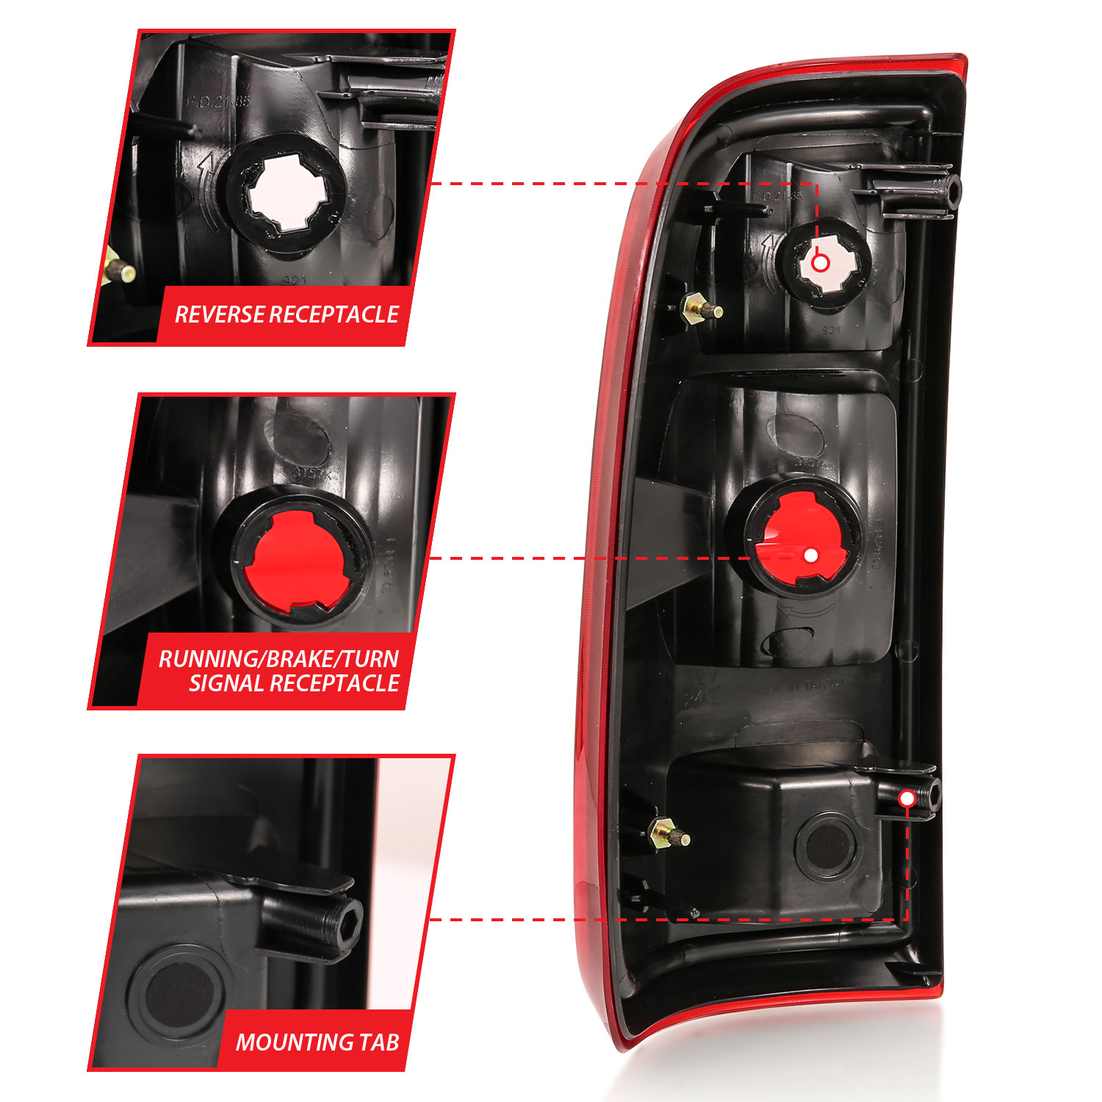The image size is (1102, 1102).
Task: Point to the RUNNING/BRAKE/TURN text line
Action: [278, 658]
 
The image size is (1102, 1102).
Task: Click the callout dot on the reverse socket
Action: [821, 262]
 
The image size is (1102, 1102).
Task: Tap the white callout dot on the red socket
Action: [810, 555]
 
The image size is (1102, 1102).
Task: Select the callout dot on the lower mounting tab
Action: [907, 799]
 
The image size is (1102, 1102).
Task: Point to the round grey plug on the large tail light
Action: [826, 845]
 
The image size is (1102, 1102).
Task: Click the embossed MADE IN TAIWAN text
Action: [799, 687]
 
